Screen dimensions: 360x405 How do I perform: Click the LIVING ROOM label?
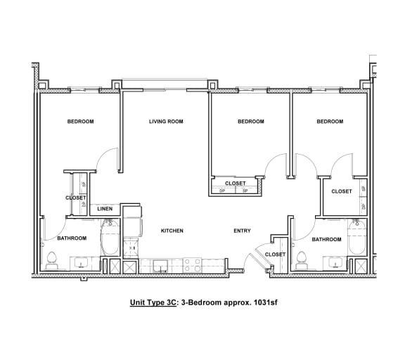[166, 122]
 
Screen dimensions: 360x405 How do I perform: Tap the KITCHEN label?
[172, 231]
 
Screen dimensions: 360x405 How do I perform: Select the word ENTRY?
[242, 231]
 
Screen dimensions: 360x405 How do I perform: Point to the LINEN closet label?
[105, 209]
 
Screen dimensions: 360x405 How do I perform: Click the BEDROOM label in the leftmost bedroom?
[80, 122]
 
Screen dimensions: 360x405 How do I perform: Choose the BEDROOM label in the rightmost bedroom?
[330, 122]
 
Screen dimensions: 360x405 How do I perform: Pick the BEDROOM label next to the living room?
[250, 122]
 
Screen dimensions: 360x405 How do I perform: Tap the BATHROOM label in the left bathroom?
[72, 238]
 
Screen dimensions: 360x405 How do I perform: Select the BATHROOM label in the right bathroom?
[326, 239]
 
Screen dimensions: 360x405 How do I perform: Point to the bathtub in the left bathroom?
[110, 239]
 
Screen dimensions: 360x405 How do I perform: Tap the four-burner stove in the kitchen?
[193, 266]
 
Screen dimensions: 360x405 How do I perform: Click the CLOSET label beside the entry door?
[275, 255]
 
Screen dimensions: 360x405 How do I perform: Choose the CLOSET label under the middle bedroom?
[236, 184]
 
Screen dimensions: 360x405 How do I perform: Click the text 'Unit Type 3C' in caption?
[154, 303]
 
